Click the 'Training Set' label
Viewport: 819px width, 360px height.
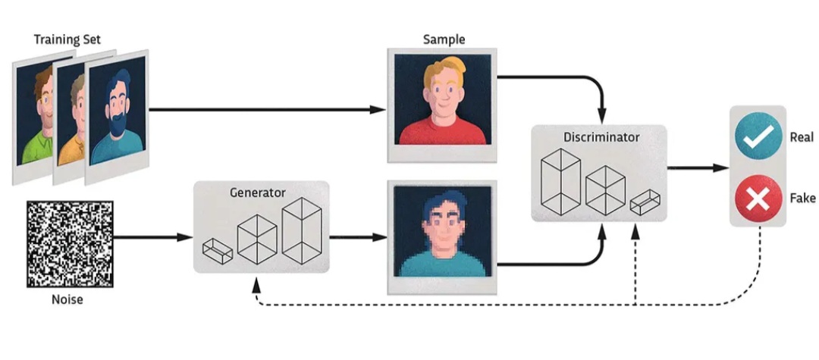tap(67, 39)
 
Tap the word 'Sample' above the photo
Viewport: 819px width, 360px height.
tap(444, 39)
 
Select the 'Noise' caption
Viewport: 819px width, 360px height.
tap(67, 300)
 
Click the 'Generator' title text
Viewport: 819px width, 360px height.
tap(258, 193)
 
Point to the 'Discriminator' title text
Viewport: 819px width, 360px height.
tap(601, 137)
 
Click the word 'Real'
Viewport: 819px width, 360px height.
tap(802, 138)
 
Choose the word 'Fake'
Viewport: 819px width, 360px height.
tap(803, 199)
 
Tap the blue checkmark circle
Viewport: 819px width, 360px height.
tap(758, 137)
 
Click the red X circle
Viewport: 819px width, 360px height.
tap(758, 199)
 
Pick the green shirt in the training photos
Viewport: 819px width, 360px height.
tap(35, 149)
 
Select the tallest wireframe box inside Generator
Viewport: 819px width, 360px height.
tap(301, 230)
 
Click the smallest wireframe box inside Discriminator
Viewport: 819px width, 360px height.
tap(645, 202)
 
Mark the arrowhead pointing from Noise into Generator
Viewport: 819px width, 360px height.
tap(186, 237)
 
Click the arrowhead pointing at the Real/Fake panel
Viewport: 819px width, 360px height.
tap(721, 168)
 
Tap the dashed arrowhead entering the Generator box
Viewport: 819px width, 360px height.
tap(256, 285)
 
